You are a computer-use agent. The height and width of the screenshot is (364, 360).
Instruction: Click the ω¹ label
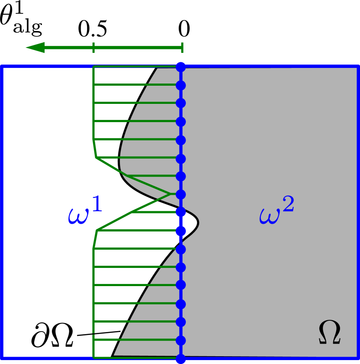click(x=85, y=212)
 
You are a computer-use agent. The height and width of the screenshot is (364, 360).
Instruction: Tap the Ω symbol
click(x=330, y=332)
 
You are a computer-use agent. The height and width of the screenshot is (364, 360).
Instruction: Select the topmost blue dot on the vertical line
click(x=181, y=67)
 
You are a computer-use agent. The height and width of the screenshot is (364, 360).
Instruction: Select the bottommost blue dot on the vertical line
click(x=181, y=359)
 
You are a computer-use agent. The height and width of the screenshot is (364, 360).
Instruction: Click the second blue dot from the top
click(x=181, y=85)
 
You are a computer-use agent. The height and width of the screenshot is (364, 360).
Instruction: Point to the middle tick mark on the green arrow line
click(x=93, y=48)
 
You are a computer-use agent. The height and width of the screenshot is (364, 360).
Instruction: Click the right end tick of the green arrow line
click(x=182, y=48)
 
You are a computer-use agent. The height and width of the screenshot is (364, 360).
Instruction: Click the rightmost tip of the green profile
click(x=170, y=194)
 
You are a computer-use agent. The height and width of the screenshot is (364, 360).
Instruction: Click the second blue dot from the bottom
click(x=181, y=340)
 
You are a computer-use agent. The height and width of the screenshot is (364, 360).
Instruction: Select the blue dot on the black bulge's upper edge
click(x=181, y=212)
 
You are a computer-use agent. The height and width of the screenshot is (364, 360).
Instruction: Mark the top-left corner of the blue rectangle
click(x=2, y=67)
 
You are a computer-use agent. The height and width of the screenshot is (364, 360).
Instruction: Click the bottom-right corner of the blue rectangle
click(x=358, y=358)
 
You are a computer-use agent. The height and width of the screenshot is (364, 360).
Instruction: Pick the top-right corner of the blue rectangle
click(x=358, y=67)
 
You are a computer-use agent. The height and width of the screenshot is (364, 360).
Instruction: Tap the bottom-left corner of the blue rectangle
click(x=2, y=358)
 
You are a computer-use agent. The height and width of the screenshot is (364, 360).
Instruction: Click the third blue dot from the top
click(x=181, y=103)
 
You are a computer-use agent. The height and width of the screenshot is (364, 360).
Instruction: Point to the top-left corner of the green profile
click(x=94, y=67)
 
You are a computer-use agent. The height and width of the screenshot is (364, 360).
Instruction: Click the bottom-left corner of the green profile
click(x=94, y=358)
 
